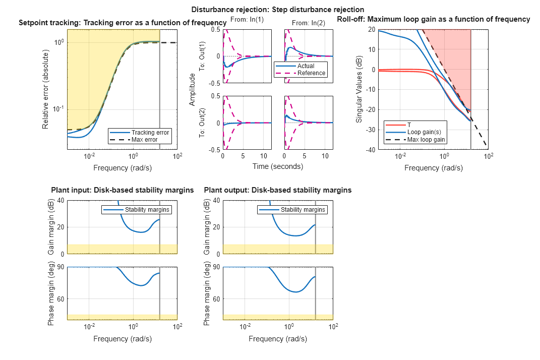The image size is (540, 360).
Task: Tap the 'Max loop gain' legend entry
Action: pos(426,139)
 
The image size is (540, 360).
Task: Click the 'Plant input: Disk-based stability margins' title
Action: pos(122,190)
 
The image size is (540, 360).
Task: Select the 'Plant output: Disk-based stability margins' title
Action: pos(278,190)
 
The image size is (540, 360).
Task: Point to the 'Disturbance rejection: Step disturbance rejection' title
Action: pos(277,10)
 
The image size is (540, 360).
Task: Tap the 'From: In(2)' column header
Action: pos(308,22)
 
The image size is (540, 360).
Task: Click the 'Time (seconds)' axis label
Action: pos(277,166)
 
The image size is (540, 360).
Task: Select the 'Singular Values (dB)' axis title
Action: pos(359,90)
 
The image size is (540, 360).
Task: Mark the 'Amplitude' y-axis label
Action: pos(192,90)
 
